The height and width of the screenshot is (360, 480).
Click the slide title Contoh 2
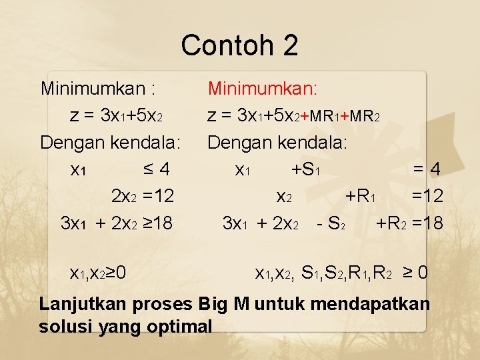pos(239,45)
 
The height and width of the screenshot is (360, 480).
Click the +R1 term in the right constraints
pos(362,196)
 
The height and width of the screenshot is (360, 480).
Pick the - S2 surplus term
pos(331,223)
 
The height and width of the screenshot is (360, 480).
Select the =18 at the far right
pos(427,223)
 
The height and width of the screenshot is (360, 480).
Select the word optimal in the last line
pos(179,327)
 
